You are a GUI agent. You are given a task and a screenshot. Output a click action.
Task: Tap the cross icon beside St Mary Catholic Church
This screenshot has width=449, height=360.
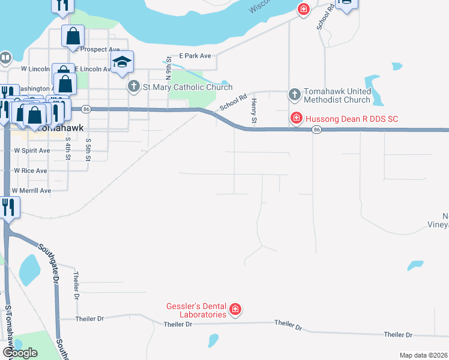coord(133,87)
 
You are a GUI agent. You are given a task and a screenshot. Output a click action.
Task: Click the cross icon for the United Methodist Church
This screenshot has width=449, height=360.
coord(294,94)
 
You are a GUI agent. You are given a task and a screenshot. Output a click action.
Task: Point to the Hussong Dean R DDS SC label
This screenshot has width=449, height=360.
coord(351,119)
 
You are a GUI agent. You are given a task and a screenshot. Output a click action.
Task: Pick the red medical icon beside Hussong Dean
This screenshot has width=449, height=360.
coord(296,118)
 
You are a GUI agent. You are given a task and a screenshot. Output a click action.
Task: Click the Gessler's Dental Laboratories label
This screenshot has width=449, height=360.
coord(196,310)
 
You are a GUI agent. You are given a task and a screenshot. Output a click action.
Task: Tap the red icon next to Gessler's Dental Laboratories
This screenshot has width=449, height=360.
coord(235,310)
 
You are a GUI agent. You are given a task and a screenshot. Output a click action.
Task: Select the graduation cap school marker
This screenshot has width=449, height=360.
coord(122,62)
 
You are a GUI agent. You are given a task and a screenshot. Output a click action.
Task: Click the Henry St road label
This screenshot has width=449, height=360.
coord(255,112)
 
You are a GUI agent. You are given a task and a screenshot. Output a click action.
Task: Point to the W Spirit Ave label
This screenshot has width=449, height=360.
coord(31,150)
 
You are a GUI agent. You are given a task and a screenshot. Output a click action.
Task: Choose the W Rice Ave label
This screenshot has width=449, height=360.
coord(30,170)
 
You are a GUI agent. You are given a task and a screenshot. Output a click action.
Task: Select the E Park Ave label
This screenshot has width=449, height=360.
coord(197,56)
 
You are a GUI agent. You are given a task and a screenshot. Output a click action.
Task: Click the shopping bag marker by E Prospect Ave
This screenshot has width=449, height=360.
coord(73,36)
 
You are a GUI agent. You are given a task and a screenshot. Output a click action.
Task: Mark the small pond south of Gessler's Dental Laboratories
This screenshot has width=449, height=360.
coord(212,341)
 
